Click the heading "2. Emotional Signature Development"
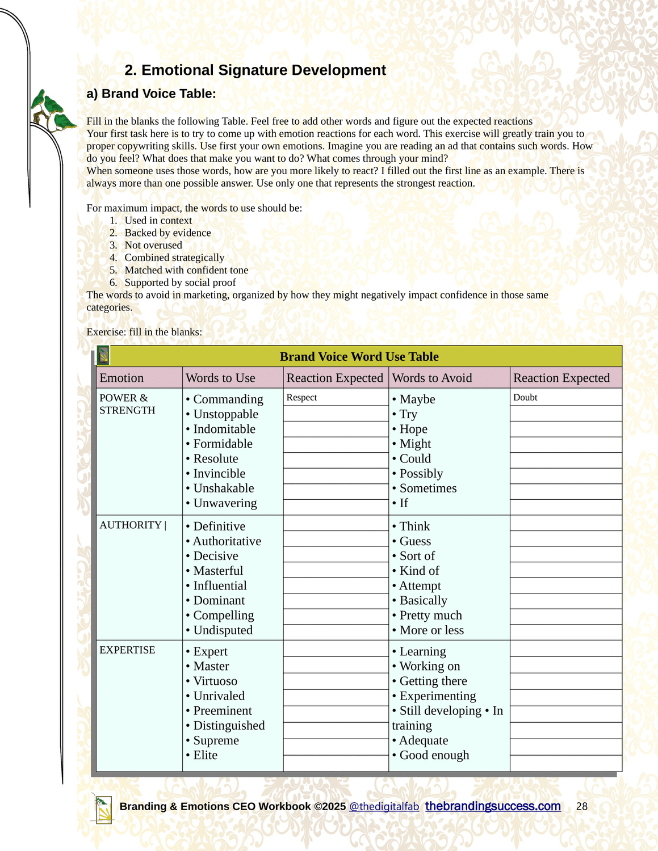(255, 70)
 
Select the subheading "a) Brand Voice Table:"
(151, 94)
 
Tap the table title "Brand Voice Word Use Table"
(359, 357)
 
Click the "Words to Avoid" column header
(432, 378)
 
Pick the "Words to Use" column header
(220, 378)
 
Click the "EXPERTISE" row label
(127, 650)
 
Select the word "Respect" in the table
(301, 398)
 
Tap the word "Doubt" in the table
(525, 398)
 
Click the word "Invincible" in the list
(219, 474)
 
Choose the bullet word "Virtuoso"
(215, 681)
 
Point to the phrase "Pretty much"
(430, 616)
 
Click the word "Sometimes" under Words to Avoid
(428, 488)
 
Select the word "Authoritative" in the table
(227, 541)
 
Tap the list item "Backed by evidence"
(167, 233)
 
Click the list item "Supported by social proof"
(180, 283)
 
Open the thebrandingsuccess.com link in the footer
(493, 806)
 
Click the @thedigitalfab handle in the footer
(384, 807)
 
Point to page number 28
(582, 807)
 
